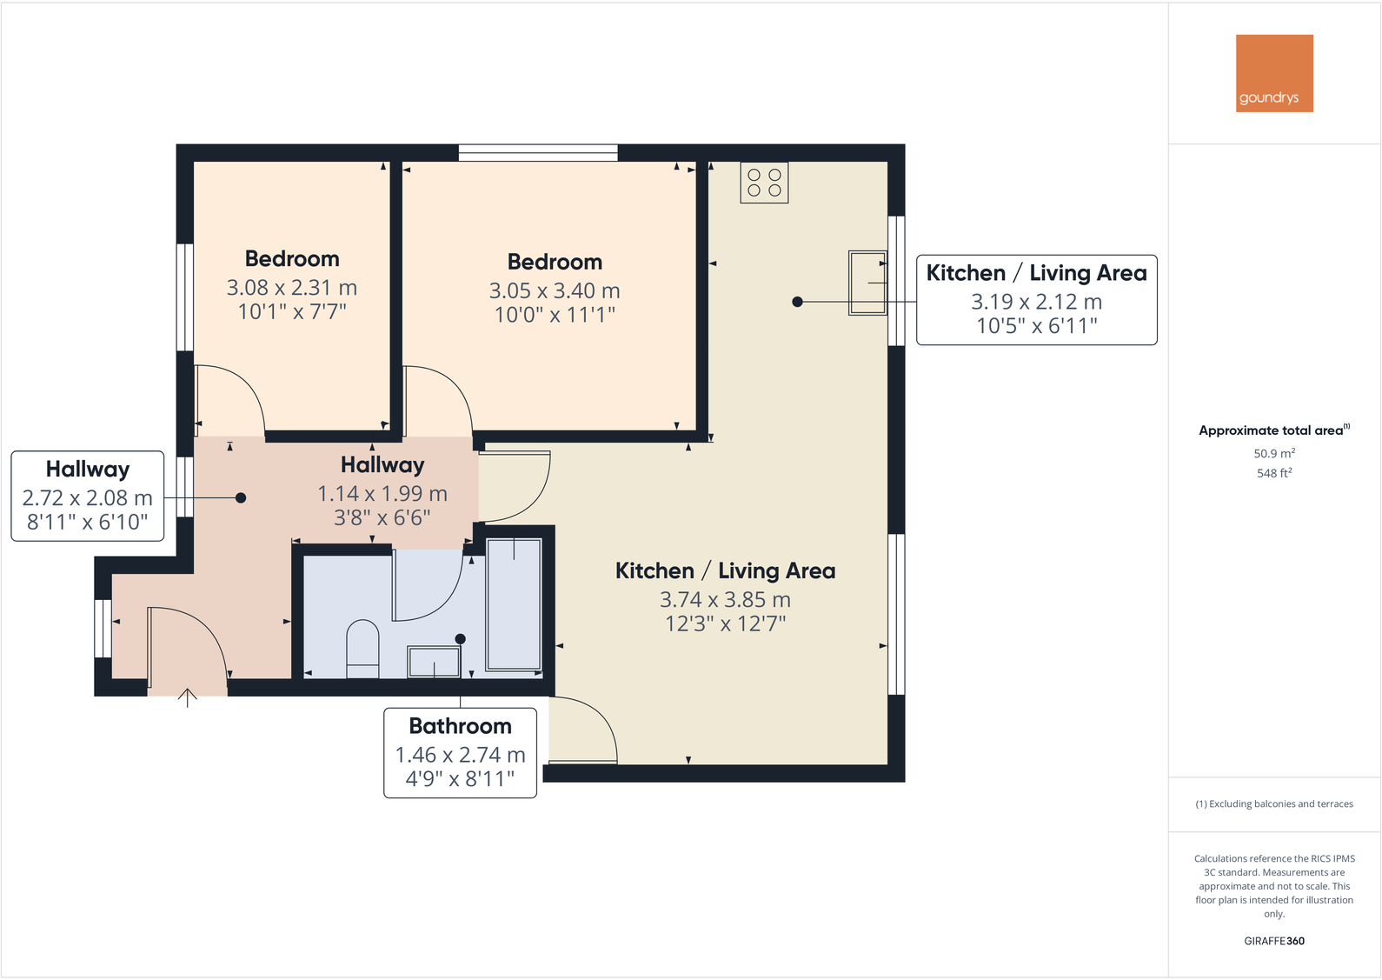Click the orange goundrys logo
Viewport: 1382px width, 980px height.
(x=1273, y=73)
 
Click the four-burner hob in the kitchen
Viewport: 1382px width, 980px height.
(x=764, y=183)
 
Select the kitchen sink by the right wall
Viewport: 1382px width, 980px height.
(x=867, y=283)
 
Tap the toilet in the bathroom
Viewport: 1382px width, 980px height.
(x=362, y=648)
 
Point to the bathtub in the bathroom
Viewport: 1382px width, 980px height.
(x=514, y=604)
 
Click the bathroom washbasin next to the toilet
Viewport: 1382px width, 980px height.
(x=434, y=663)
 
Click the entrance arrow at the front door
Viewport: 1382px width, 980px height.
(x=188, y=697)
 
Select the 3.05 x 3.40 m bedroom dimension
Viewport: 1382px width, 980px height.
(x=554, y=290)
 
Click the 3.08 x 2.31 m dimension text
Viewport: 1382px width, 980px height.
(x=291, y=288)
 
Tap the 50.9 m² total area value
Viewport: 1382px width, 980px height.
(x=1273, y=454)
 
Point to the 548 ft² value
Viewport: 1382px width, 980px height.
(x=1273, y=473)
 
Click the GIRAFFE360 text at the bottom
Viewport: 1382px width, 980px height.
(x=1273, y=941)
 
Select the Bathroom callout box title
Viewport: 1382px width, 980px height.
(x=460, y=726)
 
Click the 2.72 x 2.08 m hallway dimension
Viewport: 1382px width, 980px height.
(x=87, y=498)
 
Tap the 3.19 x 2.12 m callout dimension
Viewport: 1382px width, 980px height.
(x=1036, y=302)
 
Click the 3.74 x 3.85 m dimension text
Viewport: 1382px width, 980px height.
(x=725, y=600)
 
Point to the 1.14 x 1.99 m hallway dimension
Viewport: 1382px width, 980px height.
(x=382, y=494)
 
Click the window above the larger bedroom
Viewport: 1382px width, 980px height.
(x=538, y=153)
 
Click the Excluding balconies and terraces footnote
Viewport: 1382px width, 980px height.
(x=1273, y=804)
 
